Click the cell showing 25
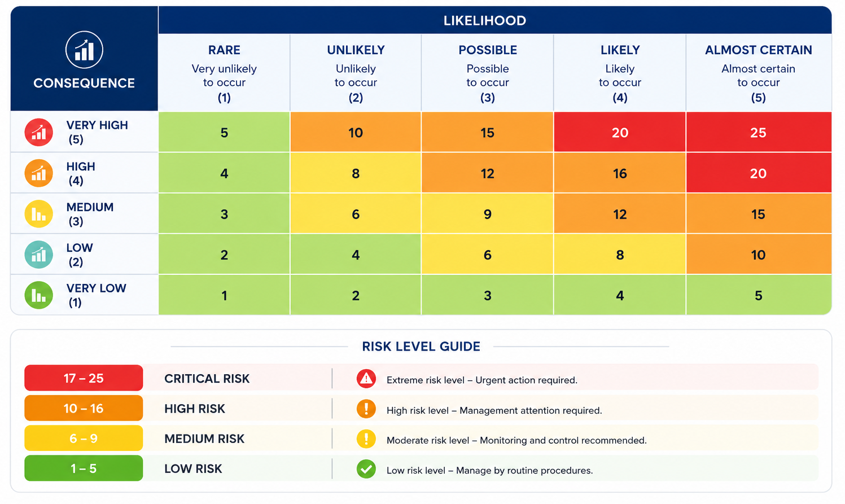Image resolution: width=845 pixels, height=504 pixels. coord(758,132)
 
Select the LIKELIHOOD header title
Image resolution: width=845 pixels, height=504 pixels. coord(485,20)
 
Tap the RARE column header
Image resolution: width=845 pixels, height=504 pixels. coord(224,50)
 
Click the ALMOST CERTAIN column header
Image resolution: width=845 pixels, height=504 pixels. coord(758,50)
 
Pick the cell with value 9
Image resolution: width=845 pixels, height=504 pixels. coord(487,214)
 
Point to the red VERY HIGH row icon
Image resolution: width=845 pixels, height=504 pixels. coord(38,132)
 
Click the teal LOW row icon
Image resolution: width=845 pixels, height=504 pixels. coord(38,255)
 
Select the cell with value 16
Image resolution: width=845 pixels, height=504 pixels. coord(620,173)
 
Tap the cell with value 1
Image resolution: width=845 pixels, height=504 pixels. coord(224,295)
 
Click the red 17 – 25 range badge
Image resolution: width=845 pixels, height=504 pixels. coord(84,378)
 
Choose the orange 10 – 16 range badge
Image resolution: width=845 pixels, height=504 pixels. coord(84,408)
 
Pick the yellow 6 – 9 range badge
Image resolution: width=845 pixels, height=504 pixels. coord(84,439)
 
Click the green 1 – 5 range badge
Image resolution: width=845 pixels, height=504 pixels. coord(84,468)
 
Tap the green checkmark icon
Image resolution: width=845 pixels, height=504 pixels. coord(366,469)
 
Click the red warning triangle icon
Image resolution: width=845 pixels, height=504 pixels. coord(366,379)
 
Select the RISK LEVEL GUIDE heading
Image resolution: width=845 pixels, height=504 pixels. coord(421,347)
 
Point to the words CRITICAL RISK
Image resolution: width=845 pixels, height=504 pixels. coord(207,379)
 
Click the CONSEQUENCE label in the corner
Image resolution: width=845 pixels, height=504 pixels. coord(84,83)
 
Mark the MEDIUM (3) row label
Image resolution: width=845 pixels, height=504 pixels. coord(90,214)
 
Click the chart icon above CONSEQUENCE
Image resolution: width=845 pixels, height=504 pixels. coord(84,50)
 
